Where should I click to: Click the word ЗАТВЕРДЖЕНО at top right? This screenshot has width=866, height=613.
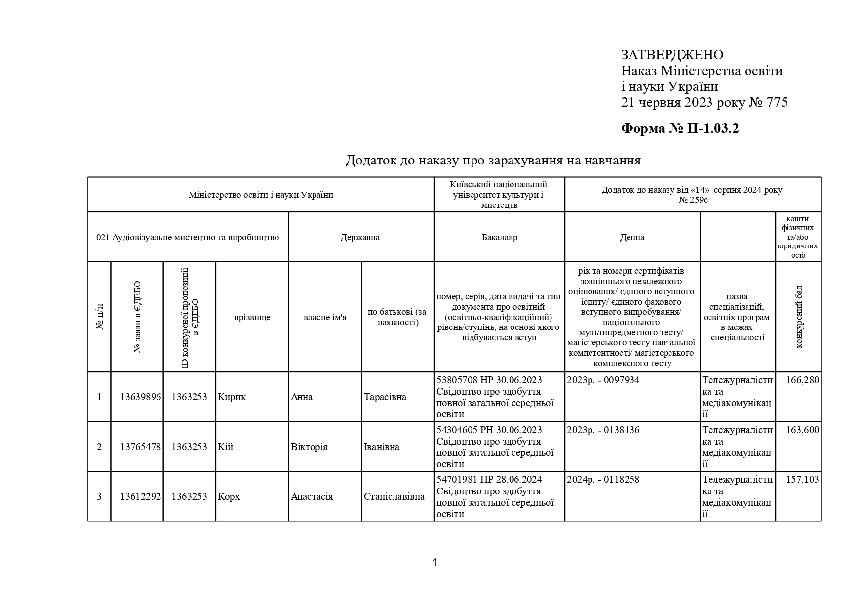click(x=672, y=55)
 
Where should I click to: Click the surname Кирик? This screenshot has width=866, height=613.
click(x=232, y=397)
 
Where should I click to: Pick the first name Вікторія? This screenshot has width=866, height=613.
click(x=309, y=447)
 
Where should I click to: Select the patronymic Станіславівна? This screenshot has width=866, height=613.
click(x=394, y=497)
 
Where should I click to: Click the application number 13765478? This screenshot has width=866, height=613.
click(x=140, y=447)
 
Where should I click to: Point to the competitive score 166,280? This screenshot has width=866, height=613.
click(x=802, y=380)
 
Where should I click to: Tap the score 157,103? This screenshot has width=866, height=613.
click(x=802, y=480)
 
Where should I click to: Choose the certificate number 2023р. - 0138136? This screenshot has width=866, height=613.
click(x=603, y=430)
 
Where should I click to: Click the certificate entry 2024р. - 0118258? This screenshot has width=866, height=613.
click(x=603, y=480)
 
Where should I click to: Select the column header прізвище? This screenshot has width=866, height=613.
click(x=252, y=317)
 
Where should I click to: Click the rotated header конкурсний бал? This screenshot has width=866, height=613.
click(x=799, y=317)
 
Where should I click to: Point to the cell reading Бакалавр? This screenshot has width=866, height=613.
click(x=499, y=237)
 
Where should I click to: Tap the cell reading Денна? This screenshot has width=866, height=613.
click(x=632, y=237)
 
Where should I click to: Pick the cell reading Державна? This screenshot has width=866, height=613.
click(x=360, y=237)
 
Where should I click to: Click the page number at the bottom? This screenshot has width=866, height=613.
click(x=434, y=562)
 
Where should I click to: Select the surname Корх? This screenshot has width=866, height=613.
click(x=229, y=497)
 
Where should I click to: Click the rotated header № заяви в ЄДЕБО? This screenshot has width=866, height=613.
click(x=138, y=317)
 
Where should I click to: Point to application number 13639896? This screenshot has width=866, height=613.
click(x=140, y=397)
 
